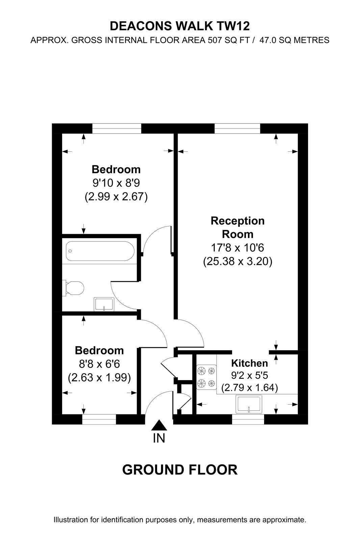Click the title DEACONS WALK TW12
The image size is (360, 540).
180,26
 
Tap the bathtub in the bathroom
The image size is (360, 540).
100,251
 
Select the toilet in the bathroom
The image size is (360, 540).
73,288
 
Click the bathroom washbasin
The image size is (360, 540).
104,304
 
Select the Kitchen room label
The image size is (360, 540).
250,363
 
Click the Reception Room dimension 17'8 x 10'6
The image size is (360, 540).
238,248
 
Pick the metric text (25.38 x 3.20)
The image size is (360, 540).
238,261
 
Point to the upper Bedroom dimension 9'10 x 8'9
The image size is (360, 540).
116,183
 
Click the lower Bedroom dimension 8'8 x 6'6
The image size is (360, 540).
99,364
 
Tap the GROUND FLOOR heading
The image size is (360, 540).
180,470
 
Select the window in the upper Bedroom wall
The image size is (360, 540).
117,129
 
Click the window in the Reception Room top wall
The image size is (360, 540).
237,129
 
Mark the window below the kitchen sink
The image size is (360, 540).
248,420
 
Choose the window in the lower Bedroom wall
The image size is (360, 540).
99,420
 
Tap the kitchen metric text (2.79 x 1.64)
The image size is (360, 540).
250,388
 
